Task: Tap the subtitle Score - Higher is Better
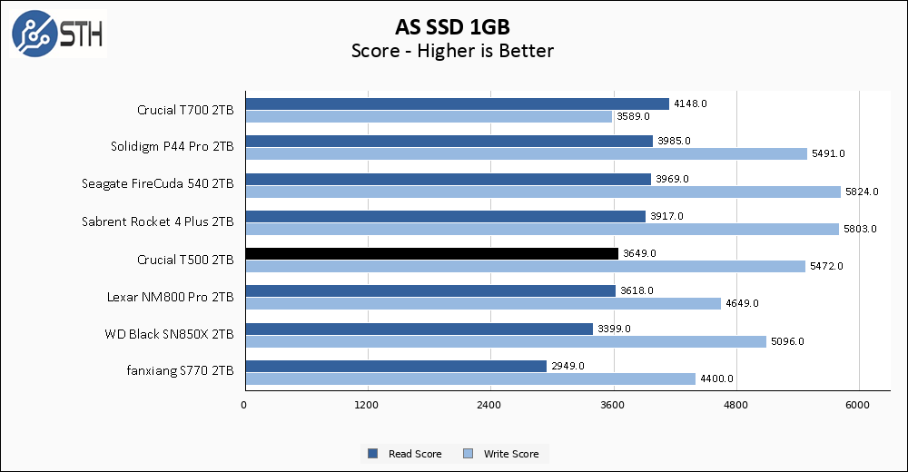[452, 51]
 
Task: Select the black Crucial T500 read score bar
[431, 253]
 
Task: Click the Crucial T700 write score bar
[429, 116]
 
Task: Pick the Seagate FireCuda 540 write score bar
[543, 192]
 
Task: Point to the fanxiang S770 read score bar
[396, 366]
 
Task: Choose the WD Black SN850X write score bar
[506, 341]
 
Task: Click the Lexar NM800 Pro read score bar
[430, 290]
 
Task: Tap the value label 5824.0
[862, 192]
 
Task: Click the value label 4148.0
[690, 103]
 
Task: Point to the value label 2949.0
[567, 366]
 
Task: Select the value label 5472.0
[826, 266]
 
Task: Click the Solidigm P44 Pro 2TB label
[173, 147]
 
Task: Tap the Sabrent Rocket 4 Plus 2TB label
[158, 221]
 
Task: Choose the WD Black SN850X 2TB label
[170, 334]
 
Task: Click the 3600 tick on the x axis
[613, 404]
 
